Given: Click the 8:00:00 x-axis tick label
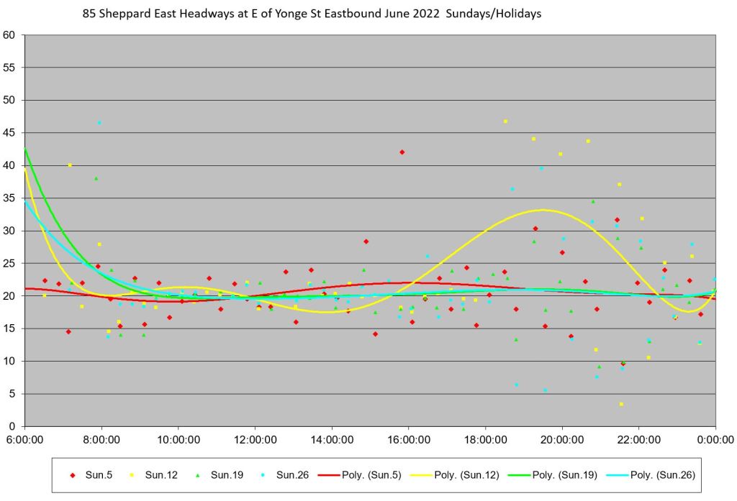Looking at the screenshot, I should [101, 439].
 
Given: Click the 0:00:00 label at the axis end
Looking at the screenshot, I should [715, 439].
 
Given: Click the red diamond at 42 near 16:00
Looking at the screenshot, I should [402, 152].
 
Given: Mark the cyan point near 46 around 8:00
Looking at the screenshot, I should [99, 123].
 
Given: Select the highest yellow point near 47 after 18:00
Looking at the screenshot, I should [505, 121].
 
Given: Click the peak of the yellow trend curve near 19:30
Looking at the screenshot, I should [542, 210].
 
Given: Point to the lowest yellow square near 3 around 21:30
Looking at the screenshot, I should [621, 404].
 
